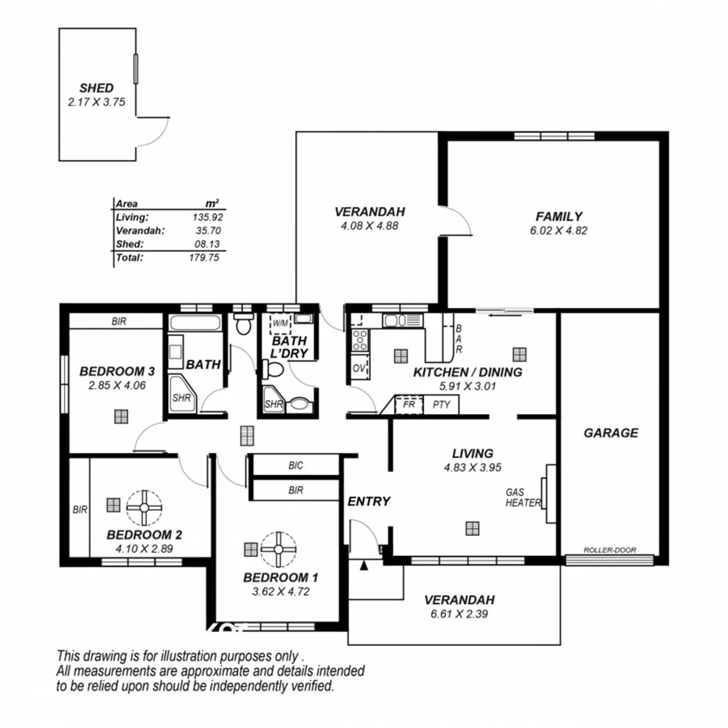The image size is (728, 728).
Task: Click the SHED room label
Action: pos(96,88)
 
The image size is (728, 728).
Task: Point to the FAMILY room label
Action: pos(558,216)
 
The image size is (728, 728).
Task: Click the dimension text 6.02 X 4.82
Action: pos(558,230)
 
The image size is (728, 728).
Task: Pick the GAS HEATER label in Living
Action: pos(523,498)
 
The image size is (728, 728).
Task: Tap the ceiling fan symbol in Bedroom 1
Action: pos(277,549)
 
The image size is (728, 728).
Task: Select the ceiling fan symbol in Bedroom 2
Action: pos(143,507)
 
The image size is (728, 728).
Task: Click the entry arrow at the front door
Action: pos(363,565)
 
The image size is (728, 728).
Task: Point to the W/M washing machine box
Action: pos(280,322)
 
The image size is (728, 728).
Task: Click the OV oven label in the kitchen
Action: pos(359,368)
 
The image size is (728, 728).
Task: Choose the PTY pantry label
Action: pos(441,405)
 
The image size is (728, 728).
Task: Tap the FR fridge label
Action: pos(407,405)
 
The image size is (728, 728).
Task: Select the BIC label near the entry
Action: pos(295,466)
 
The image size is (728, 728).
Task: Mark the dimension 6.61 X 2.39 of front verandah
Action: pos(459,614)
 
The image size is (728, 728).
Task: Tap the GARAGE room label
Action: pos(611,433)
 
